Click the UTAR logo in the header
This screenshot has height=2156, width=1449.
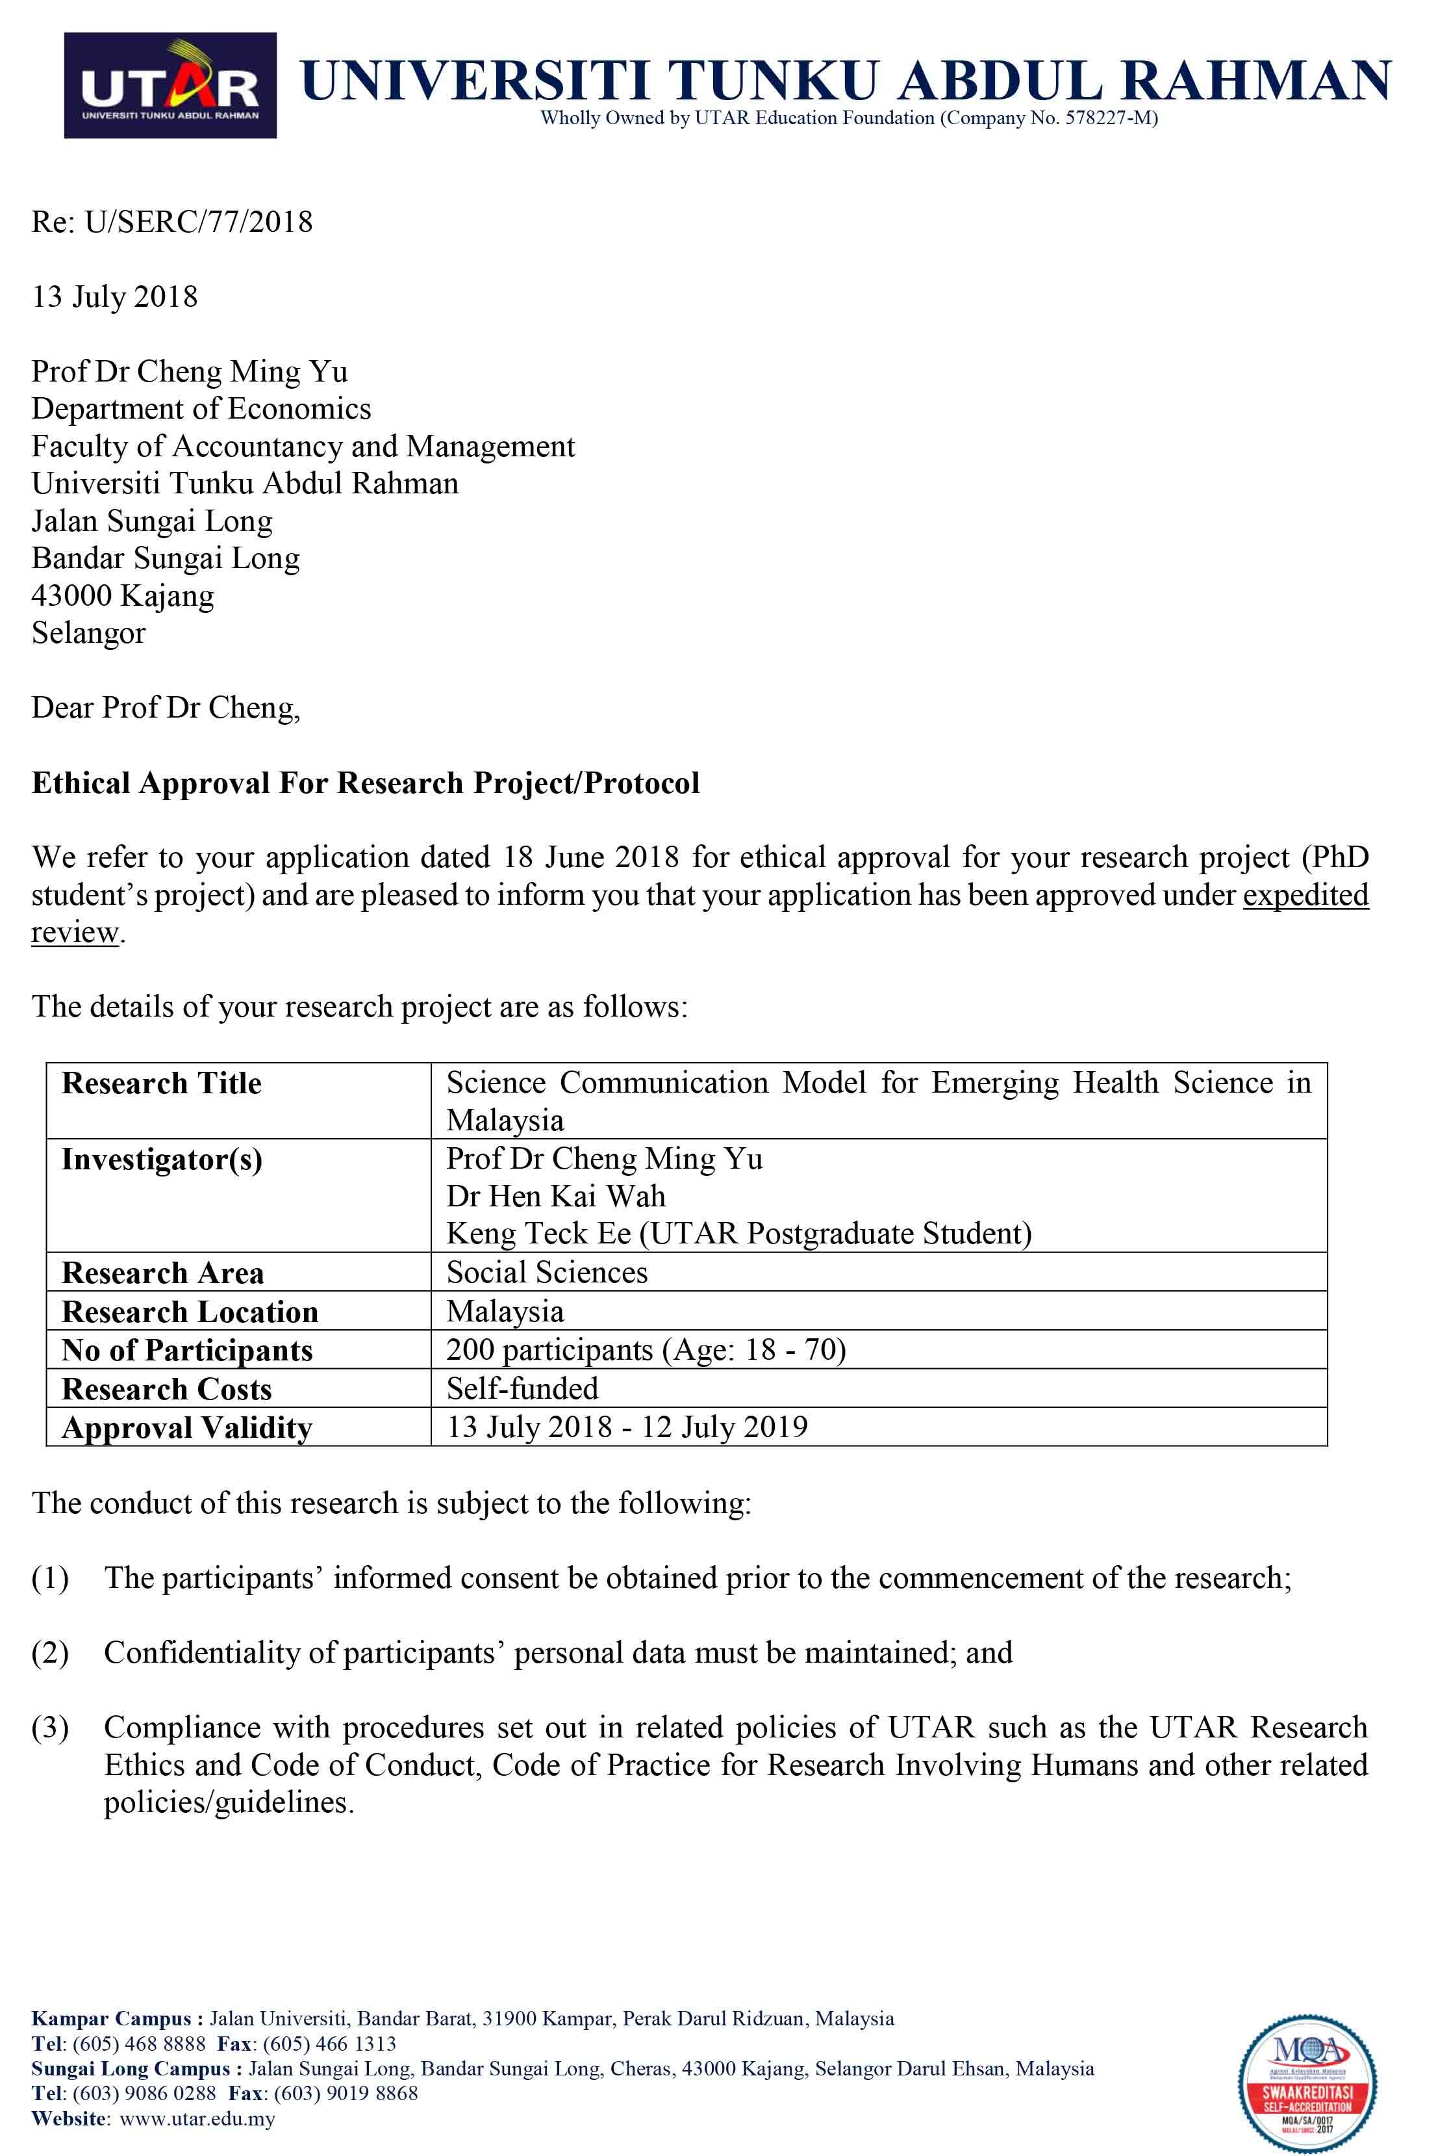[x=170, y=85]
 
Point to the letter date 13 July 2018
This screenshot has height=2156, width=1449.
[x=114, y=297]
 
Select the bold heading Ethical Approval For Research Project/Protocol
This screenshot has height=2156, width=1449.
[x=365, y=783]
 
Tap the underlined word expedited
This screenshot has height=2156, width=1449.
[x=1305, y=895]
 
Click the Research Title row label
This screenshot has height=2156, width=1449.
[x=162, y=1083]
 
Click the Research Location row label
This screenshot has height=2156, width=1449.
[x=190, y=1312]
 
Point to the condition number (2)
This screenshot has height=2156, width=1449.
[x=50, y=1652]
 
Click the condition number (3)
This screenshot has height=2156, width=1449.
[x=50, y=1727]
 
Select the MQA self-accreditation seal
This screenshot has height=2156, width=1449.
[x=1307, y=2084]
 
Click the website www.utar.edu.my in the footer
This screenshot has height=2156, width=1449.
[x=197, y=2118]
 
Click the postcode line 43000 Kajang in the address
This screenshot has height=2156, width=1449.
[x=122, y=595]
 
